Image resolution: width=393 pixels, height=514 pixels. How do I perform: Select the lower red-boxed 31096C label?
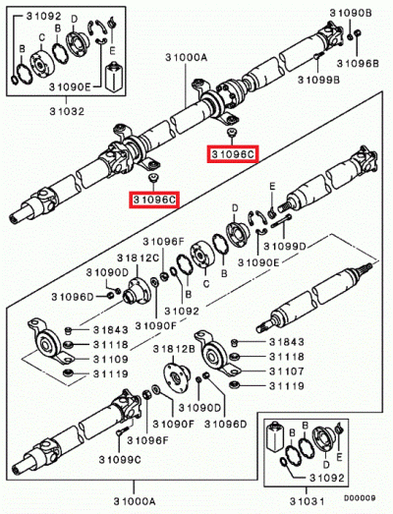[154, 200]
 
